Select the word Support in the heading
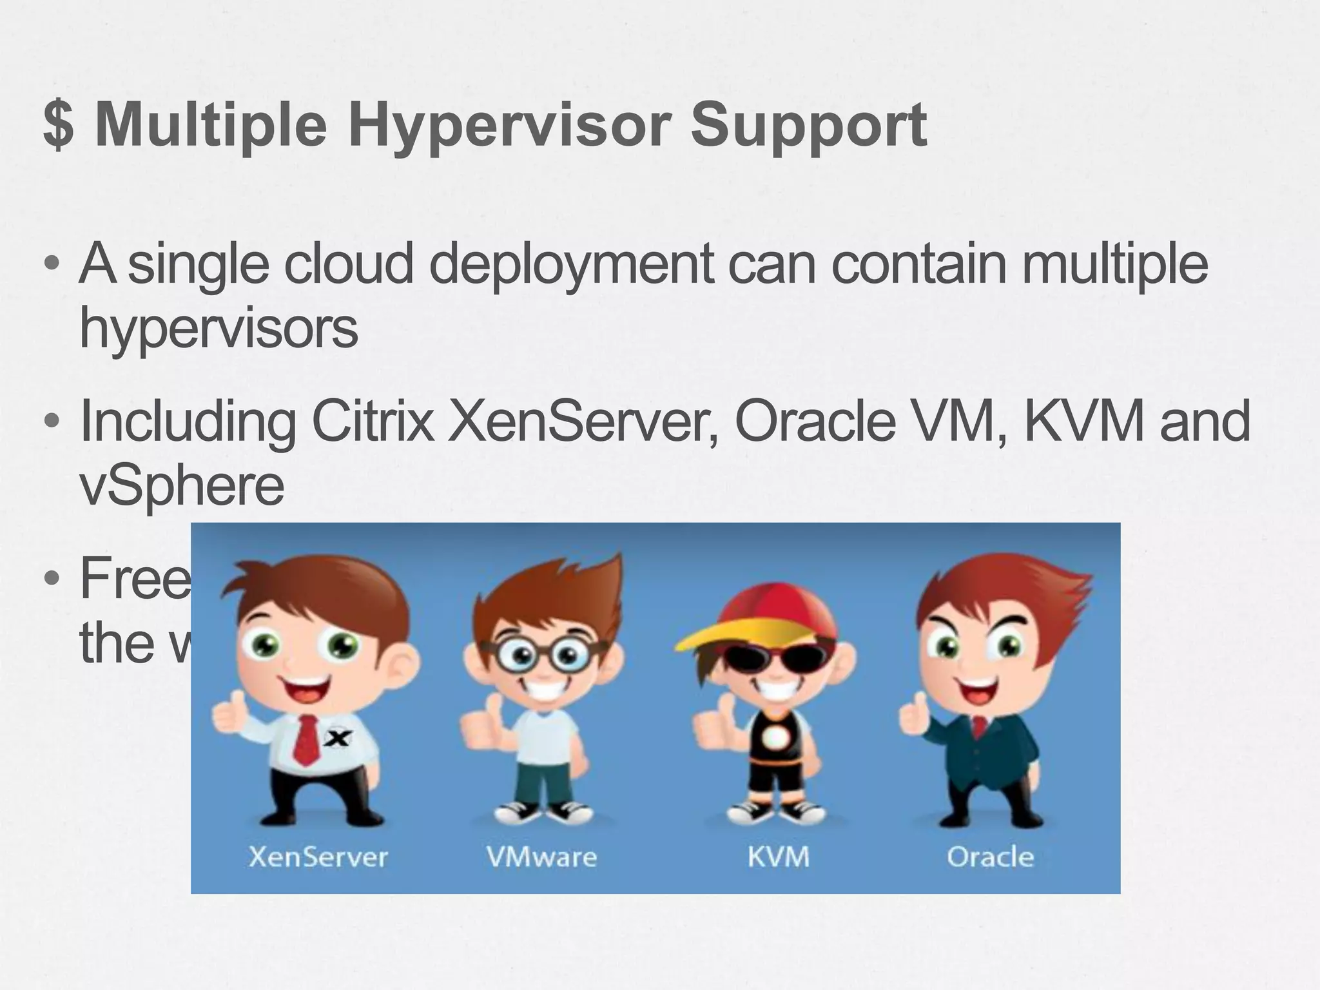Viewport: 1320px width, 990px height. point(808,126)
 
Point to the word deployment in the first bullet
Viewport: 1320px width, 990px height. point(571,264)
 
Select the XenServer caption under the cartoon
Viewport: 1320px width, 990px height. point(318,857)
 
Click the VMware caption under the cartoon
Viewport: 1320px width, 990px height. point(541,857)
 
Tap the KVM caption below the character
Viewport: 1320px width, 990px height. point(779,857)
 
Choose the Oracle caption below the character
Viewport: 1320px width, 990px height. point(990,857)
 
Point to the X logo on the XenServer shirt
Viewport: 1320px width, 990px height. point(337,739)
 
